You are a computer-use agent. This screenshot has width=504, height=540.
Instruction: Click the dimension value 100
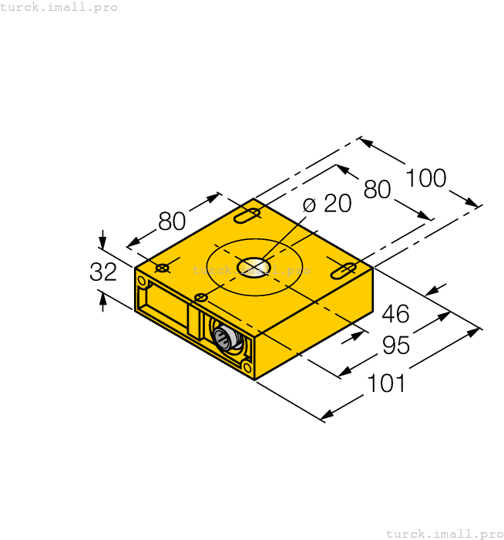point(426,178)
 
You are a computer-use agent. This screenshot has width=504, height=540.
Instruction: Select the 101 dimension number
point(385,383)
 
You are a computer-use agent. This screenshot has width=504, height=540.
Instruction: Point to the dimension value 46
point(395,314)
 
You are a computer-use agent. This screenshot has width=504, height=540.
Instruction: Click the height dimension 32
point(103,272)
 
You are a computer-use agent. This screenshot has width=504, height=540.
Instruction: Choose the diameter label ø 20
point(327,204)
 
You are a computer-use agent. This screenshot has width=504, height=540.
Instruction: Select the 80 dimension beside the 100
point(378,189)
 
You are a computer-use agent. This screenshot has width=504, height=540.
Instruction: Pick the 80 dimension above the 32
point(172,222)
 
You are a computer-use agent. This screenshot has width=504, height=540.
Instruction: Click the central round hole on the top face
point(254,267)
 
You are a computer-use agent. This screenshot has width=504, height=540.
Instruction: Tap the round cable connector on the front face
point(223,338)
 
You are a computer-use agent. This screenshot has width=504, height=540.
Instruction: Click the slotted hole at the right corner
point(343,270)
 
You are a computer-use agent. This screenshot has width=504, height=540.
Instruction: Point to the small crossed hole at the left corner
point(163,268)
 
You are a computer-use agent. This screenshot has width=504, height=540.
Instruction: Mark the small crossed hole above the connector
point(201,298)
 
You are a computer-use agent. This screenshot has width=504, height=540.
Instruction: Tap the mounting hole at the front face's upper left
point(142,282)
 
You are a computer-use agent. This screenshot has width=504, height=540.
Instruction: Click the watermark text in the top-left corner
point(59,7)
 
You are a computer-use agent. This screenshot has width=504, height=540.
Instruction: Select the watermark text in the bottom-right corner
point(444,533)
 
